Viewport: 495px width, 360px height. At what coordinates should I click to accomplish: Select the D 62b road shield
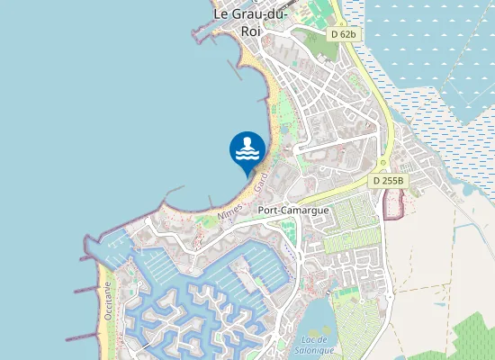[342, 33]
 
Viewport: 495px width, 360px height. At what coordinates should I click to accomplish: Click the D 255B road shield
[390, 181]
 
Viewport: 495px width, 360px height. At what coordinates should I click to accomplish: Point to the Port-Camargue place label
[292, 210]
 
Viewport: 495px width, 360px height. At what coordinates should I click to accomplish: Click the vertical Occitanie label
[107, 300]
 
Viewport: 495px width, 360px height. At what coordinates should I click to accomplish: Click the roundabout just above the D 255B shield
[382, 165]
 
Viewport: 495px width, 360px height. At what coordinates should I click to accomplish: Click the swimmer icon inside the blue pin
[247, 147]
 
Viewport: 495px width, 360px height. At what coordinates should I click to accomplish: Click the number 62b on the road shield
[346, 33]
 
